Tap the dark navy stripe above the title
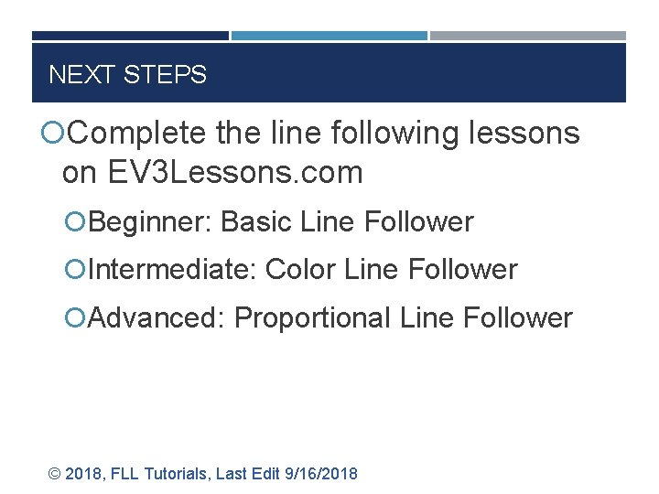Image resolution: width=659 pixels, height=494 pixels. (130, 36)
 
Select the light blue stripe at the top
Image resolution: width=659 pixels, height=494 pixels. (329, 36)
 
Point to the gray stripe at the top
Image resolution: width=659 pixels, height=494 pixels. (528, 36)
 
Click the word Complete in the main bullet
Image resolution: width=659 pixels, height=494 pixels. (138, 134)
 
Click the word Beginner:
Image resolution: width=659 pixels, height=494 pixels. (152, 222)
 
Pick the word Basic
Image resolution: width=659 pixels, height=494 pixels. (254, 222)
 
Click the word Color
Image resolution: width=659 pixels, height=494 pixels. (300, 270)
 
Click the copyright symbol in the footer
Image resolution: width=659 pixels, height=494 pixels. (55, 474)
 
